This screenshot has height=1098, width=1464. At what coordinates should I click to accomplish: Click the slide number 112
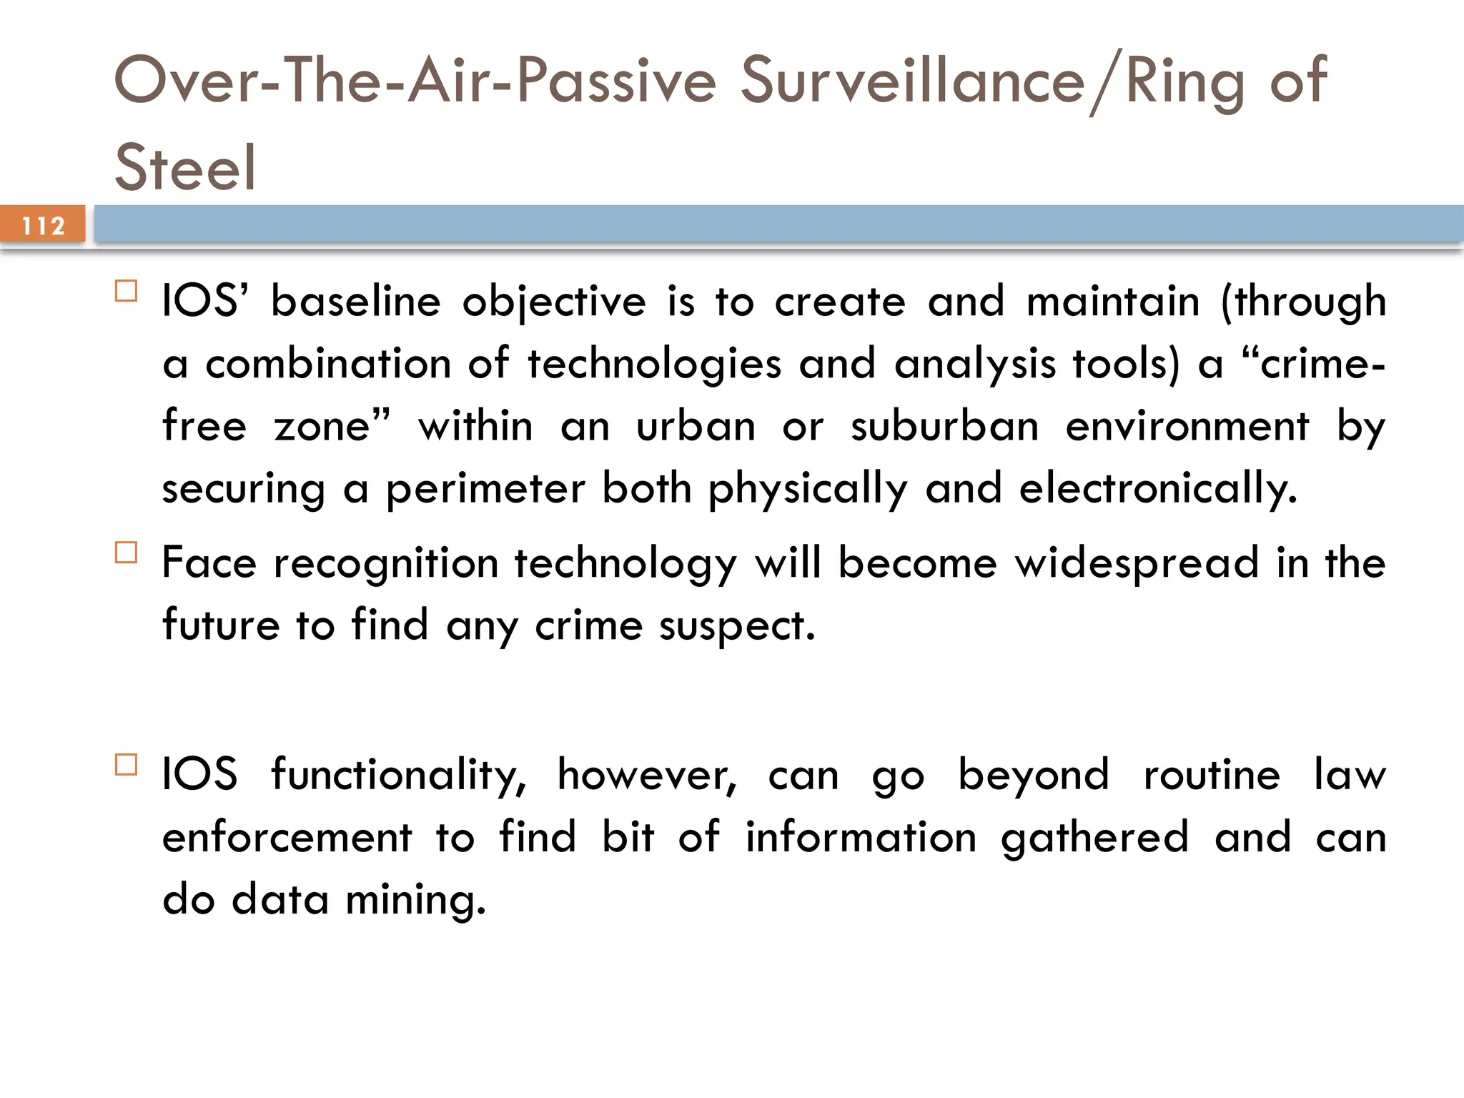tap(43, 226)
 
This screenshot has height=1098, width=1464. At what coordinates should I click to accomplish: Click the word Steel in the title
tap(184, 167)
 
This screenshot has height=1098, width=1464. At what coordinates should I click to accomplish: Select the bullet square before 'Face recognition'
tap(126, 553)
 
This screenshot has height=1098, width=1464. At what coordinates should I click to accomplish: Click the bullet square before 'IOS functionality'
tap(126, 765)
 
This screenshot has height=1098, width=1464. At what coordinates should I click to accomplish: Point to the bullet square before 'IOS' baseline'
tap(126, 291)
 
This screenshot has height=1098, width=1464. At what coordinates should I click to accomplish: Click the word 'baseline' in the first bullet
tap(355, 301)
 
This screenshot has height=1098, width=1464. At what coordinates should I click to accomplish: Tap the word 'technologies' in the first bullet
tap(654, 364)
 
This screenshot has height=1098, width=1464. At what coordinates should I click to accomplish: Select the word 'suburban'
tap(944, 426)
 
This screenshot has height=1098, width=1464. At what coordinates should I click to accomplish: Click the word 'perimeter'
tap(485, 489)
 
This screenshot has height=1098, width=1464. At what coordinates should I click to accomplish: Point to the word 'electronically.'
tap(1157, 489)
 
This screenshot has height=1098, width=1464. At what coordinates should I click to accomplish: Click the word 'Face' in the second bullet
tap(208, 563)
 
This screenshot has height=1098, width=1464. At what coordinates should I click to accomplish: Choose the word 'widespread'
tap(1137, 563)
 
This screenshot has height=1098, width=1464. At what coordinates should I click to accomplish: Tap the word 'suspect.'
tap(736, 626)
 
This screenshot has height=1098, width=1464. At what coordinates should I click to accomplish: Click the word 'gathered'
tap(1094, 838)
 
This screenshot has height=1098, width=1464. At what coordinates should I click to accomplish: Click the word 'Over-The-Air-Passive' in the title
tap(415, 80)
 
